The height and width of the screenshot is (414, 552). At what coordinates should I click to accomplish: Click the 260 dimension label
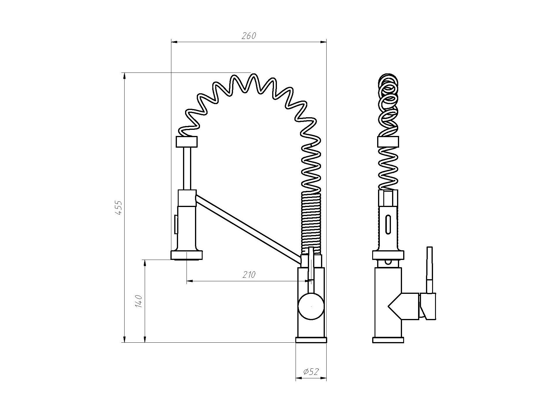(x=249, y=36)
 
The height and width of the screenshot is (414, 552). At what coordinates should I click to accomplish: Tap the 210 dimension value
(x=249, y=275)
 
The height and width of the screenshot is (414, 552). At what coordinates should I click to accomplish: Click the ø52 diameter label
(x=311, y=372)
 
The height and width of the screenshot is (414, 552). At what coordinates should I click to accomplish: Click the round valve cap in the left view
(x=311, y=306)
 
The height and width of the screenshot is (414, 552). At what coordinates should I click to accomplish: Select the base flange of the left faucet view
(x=311, y=340)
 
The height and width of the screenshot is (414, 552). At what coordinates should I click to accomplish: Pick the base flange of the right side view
(x=388, y=340)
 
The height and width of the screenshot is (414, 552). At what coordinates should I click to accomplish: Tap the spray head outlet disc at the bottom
(x=187, y=255)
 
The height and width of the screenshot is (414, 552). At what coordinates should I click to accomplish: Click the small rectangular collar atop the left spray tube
(x=187, y=142)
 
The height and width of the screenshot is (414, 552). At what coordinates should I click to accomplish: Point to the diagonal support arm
(x=248, y=228)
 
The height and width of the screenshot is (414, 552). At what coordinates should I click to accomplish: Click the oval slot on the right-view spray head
(x=388, y=224)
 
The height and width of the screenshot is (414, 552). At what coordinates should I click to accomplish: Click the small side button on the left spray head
(x=176, y=225)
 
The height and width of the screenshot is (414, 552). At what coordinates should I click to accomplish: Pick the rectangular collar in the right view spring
(x=388, y=142)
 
